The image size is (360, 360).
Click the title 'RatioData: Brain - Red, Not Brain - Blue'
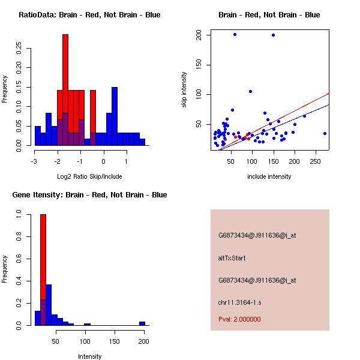pyautogui.click(x=89, y=15)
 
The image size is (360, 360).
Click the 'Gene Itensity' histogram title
pyautogui.click(x=89, y=195)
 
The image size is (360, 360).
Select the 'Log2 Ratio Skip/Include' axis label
pyautogui.click(x=89, y=176)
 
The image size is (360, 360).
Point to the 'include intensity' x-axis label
pyautogui.click(x=269, y=176)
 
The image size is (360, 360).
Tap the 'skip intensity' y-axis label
pyautogui.click(x=184, y=90)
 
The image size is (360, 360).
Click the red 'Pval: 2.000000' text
pyautogui.click(x=239, y=319)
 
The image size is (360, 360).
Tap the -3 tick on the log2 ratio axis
pyautogui.click(x=35, y=161)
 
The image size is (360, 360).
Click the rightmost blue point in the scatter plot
pyautogui.click(x=325, y=133)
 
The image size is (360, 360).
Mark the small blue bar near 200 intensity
pyautogui.click(x=142, y=323)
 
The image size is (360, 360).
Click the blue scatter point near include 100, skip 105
pyautogui.click(x=250, y=91)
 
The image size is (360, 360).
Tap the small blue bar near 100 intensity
pyautogui.click(x=87, y=324)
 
